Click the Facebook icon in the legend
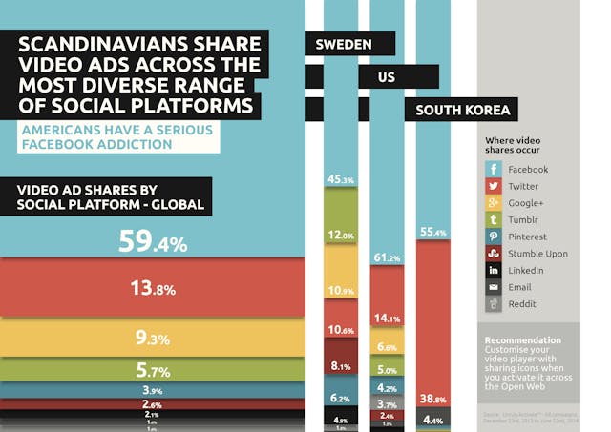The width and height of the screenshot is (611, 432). [x=493, y=170]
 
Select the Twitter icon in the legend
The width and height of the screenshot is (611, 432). [x=493, y=186]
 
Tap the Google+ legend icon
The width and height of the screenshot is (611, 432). [x=493, y=203]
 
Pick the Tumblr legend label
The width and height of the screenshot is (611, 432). [x=521, y=220]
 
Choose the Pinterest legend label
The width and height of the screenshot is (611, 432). [x=527, y=237]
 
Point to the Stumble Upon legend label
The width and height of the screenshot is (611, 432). [x=537, y=254]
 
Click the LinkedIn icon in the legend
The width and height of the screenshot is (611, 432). [x=493, y=271]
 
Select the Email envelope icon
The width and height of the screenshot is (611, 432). [x=493, y=287]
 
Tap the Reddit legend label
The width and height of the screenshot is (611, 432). [x=521, y=304]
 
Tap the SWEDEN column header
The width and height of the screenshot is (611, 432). [x=343, y=44]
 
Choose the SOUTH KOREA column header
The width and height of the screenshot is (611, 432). [x=463, y=110]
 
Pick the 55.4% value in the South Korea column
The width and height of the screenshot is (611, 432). [x=433, y=232]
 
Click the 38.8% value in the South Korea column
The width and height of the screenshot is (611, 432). [x=433, y=400]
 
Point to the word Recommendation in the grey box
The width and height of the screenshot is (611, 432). [x=522, y=340]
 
